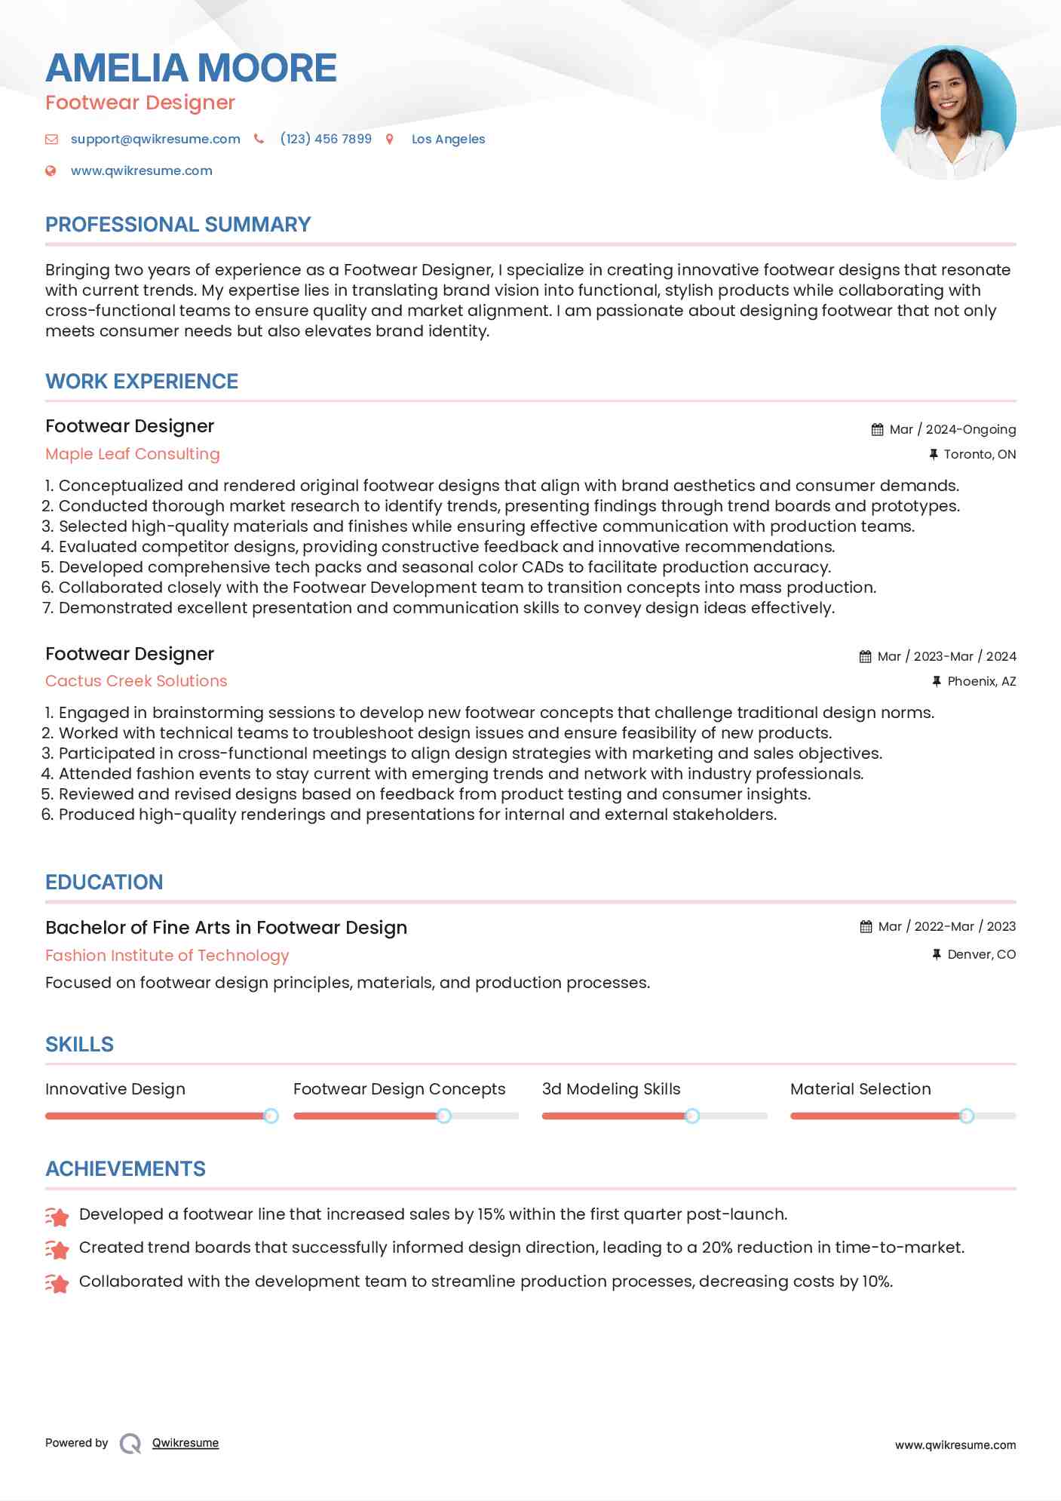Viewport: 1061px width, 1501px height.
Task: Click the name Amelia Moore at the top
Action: coord(191,68)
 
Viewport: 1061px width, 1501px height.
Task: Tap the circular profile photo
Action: coord(948,112)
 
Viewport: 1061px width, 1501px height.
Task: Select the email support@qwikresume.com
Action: coord(155,139)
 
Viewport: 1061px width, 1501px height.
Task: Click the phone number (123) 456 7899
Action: coord(326,139)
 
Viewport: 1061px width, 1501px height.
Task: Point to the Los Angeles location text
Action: coord(448,139)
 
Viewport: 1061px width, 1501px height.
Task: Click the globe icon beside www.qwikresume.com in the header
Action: coord(51,170)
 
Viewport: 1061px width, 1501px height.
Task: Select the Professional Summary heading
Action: coord(178,225)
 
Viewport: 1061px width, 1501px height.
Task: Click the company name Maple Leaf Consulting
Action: coord(133,454)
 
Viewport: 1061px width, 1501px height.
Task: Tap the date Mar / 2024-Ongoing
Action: coord(952,429)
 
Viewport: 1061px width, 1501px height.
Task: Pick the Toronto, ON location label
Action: coord(980,454)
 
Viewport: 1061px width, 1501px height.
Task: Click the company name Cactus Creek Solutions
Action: coord(136,681)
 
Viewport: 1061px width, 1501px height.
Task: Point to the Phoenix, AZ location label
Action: coord(981,681)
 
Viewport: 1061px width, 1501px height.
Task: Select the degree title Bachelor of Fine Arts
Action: coord(226,928)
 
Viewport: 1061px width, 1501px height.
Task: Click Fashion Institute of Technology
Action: coord(167,956)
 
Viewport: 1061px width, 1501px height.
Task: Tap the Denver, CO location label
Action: coord(981,954)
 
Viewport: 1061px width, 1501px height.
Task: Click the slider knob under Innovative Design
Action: coord(271,1116)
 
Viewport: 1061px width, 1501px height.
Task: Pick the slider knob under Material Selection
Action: coord(966,1116)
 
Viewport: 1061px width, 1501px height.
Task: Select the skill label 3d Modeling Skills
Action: coord(611,1089)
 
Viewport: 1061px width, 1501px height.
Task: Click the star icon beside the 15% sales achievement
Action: coord(57,1215)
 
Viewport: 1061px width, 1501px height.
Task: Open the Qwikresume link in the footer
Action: coord(186,1443)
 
